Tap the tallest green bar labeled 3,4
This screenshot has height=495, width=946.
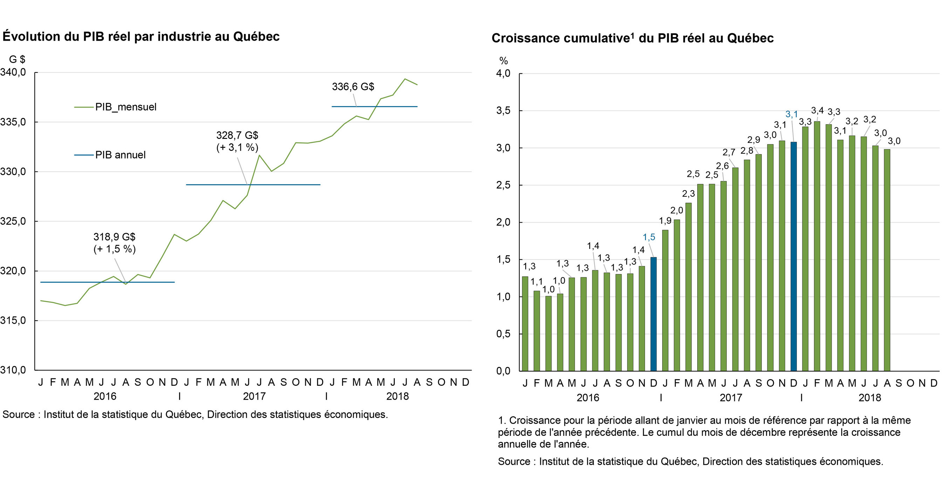tap(817, 246)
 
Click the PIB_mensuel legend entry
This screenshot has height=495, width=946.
tap(125, 107)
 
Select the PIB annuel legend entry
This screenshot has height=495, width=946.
tap(120, 155)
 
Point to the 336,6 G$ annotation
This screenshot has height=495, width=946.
tap(353, 87)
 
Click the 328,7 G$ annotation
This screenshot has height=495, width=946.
tap(237, 136)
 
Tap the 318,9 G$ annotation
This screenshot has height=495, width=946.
tap(114, 237)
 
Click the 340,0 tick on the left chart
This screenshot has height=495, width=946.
tap(13, 72)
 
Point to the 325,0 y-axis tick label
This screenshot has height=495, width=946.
tap(13, 221)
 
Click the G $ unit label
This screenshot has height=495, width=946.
tap(17, 60)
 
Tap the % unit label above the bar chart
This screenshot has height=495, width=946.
tap(503, 61)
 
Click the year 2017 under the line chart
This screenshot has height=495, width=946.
tap(254, 396)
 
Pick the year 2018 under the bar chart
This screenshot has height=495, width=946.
tap(869, 398)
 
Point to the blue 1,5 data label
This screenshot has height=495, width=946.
tap(649, 237)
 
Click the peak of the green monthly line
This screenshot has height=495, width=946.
tap(405, 79)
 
